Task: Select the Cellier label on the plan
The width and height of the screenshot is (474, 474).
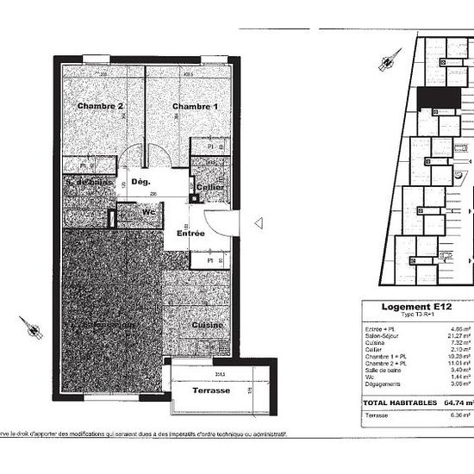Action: point(210,187)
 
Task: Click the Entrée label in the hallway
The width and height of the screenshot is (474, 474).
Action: point(190,234)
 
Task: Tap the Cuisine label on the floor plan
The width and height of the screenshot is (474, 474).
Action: point(208,325)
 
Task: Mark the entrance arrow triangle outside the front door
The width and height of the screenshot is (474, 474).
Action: point(259,223)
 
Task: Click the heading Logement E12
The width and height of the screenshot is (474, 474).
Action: point(415,307)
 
